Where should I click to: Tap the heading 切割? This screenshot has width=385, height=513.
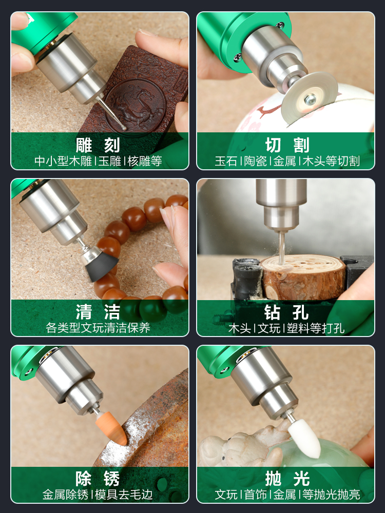click(287, 145)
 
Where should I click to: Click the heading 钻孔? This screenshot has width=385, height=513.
click(287, 311)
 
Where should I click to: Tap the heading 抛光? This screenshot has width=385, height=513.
click(287, 479)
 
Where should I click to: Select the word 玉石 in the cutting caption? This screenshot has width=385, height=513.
click(226, 161)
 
